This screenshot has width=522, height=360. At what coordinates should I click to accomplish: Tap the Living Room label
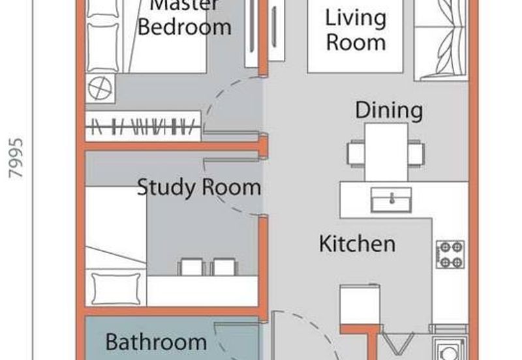point(356,29)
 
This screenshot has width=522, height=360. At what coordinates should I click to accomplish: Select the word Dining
point(389,110)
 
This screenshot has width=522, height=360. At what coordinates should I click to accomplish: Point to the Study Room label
point(199,188)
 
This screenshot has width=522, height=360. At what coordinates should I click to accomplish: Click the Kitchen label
point(357,244)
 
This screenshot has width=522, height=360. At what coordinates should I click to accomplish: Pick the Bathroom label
point(156,341)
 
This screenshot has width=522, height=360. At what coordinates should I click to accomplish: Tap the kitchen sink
point(391,199)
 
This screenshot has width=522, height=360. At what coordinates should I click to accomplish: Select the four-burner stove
point(450,254)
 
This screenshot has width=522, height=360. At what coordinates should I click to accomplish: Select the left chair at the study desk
point(192,267)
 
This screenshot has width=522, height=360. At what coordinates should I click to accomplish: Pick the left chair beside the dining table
point(356,153)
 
